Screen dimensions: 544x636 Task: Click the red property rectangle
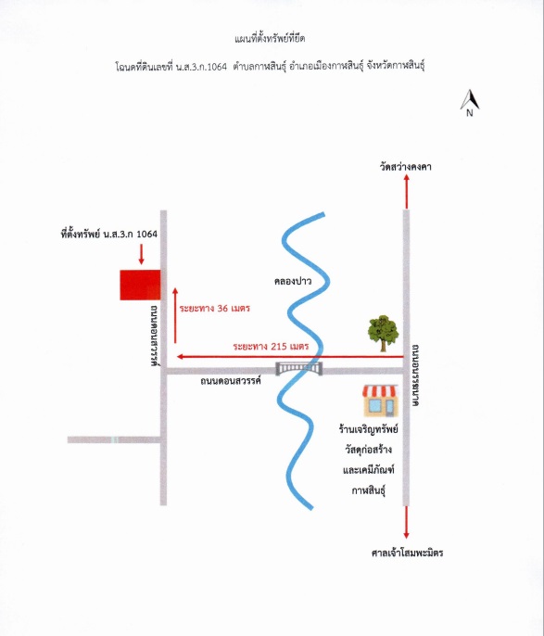pos(140,285)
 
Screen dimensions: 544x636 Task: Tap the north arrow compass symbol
pos(470,100)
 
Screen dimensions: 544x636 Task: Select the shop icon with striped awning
pos(380,401)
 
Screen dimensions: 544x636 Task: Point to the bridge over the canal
pos(299,368)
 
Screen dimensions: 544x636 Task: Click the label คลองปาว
pos(293,281)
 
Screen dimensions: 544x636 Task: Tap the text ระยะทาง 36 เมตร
pos(214,308)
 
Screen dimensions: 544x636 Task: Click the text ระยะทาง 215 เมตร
pos(271,347)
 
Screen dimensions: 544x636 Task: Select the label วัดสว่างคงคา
pos(405,167)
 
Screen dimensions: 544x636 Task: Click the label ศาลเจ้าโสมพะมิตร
pos(407,553)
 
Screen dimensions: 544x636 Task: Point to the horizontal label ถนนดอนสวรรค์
pos(230,381)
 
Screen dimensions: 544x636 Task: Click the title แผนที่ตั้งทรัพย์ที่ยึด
pos(270,39)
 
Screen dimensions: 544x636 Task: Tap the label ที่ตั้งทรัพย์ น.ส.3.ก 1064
pos(109,234)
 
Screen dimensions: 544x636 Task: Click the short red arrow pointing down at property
pos(141,254)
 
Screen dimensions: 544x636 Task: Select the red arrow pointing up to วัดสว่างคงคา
pos(407,192)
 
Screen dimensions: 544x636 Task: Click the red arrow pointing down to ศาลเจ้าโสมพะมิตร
pos(406,523)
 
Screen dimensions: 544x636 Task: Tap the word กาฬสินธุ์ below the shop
pos(368,490)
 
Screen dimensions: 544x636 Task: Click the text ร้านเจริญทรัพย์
pos(369,428)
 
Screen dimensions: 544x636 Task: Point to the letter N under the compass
pos(470,113)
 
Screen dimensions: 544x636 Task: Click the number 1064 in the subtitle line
pos(217,67)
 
